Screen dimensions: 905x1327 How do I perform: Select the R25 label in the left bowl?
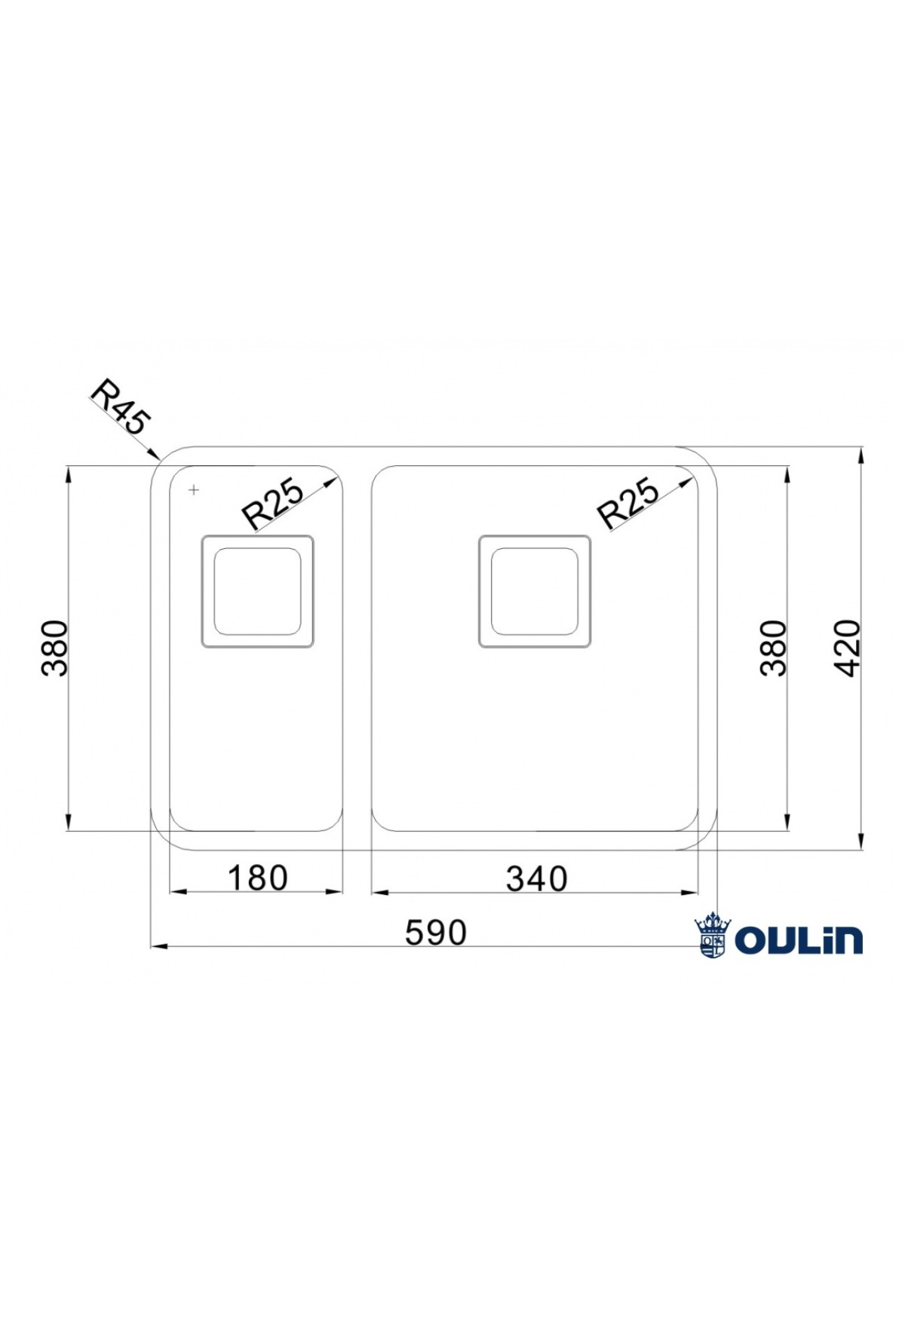click(271, 503)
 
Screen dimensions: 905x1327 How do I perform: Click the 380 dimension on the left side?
click(54, 648)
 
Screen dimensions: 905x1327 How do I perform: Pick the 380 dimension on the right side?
click(773, 648)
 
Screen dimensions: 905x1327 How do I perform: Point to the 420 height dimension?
click(847, 648)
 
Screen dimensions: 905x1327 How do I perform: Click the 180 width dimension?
click(257, 878)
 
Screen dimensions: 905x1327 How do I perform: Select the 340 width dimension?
click(536, 878)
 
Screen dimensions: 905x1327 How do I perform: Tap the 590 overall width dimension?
click(436, 933)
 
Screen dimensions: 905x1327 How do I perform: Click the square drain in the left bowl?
click(257, 591)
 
